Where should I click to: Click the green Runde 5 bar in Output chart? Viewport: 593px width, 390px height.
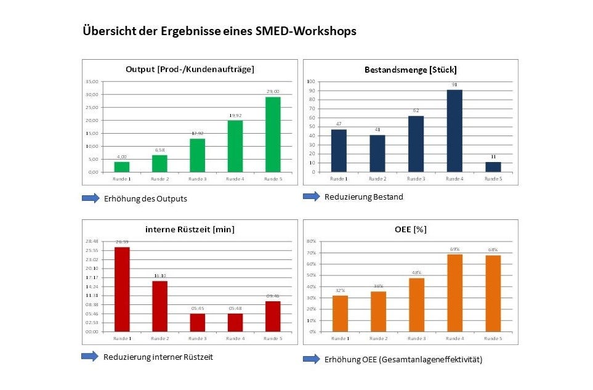coord(273,134)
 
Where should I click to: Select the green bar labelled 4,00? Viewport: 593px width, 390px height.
coord(121,166)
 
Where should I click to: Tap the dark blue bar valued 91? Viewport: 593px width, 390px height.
coord(454,131)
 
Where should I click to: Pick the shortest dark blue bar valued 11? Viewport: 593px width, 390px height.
coord(493,167)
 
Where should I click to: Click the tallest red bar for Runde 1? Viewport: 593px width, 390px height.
coord(121,289)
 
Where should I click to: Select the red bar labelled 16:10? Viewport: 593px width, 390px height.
coord(159,306)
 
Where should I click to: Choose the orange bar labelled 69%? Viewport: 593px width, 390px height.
coord(454,293)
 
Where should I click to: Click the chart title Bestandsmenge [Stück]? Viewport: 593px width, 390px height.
coord(410,69)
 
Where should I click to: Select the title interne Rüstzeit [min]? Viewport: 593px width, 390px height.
coord(190,229)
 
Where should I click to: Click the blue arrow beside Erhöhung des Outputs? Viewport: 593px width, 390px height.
coord(90,198)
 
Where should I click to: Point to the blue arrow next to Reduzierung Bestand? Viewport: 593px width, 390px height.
coord(312,196)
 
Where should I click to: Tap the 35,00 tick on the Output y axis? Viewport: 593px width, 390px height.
coord(92,81)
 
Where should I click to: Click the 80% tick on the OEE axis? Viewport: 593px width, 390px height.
coord(311,242)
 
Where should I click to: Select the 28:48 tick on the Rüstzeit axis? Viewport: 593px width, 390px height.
coord(91,242)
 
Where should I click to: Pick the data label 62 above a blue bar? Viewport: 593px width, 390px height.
coord(416,111)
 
